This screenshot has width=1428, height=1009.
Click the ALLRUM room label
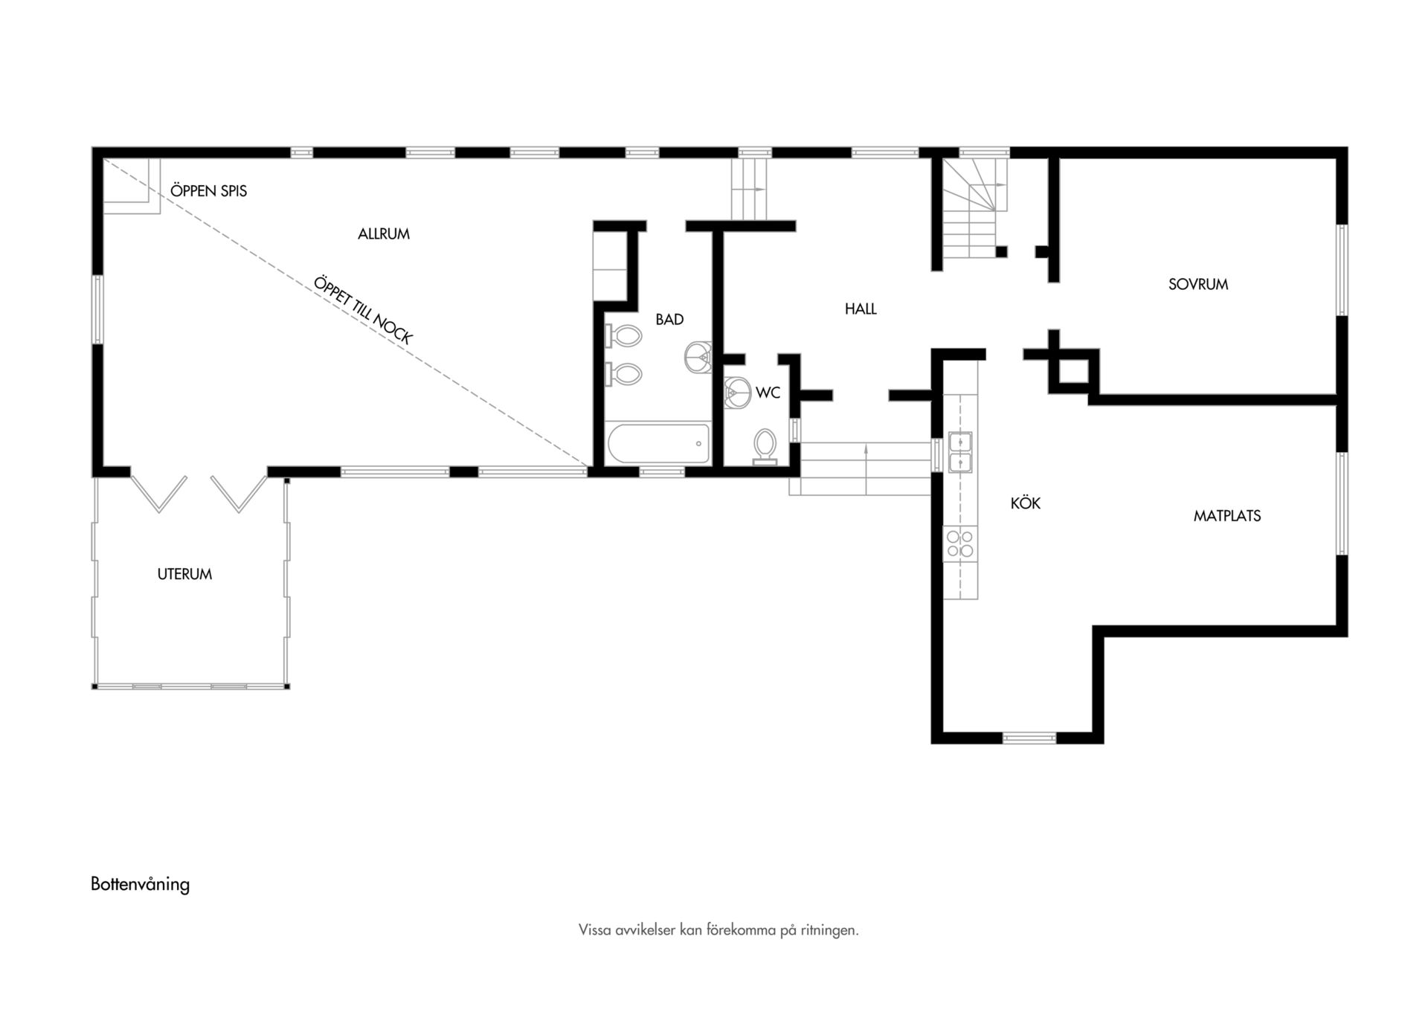(x=384, y=234)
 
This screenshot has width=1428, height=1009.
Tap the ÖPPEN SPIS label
(x=208, y=191)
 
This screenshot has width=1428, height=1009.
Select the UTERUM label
(x=184, y=574)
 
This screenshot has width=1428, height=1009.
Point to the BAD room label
(x=669, y=320)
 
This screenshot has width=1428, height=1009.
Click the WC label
(x=768, y=393)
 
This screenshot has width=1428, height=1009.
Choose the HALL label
(x=861, y=309)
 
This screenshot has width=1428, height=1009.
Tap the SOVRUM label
(x=1198, y=284)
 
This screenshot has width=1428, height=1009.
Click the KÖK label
(x=1026, y=503)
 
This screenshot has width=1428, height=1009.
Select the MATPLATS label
(x=1227, y=516)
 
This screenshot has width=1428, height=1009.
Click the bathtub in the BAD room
(x=658, y=444)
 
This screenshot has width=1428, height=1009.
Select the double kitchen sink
(x=960, y=452)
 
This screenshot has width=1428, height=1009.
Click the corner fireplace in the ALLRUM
(x=131, y=186)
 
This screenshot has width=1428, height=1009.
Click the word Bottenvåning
(x=140, y=884)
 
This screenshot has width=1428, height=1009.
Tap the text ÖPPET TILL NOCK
(x=363, y=310)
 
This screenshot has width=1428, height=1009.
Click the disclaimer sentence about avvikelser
(x=718, y=930)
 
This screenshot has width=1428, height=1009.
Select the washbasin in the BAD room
(x=698, y=357)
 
